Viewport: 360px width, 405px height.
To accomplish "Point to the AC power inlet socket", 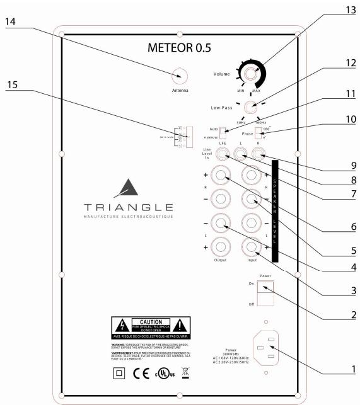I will coord(265,348).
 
